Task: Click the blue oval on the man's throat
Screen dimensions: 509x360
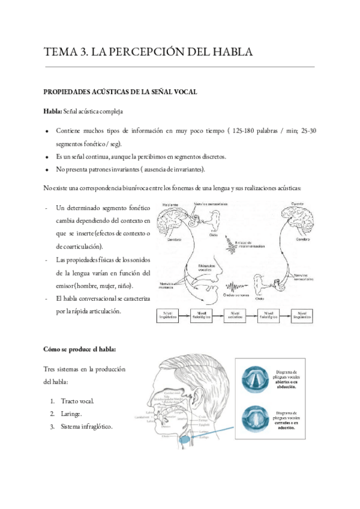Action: tap(186, 441)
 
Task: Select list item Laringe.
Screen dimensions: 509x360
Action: tap(72, 414)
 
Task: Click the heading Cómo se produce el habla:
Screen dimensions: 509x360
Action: tap(80, 348)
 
